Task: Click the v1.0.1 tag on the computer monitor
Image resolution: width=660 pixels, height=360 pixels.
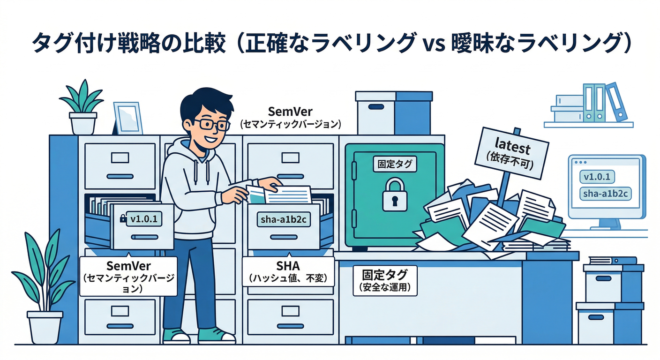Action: pos(597,177)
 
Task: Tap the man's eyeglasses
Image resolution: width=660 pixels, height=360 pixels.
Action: pos(211,124)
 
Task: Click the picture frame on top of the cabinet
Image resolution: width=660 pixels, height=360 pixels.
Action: pos(127,118)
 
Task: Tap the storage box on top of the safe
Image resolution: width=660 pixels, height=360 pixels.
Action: pos(393,113)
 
